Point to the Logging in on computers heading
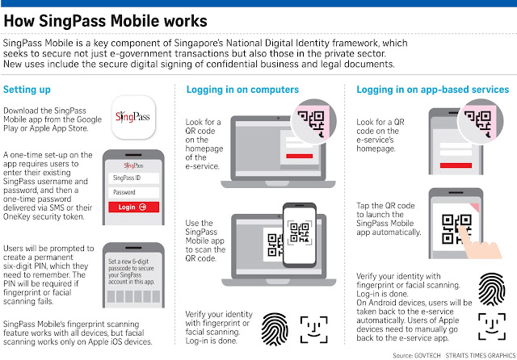pos(243,89)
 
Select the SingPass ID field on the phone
pos(134,178)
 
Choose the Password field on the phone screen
pos(134,192)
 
